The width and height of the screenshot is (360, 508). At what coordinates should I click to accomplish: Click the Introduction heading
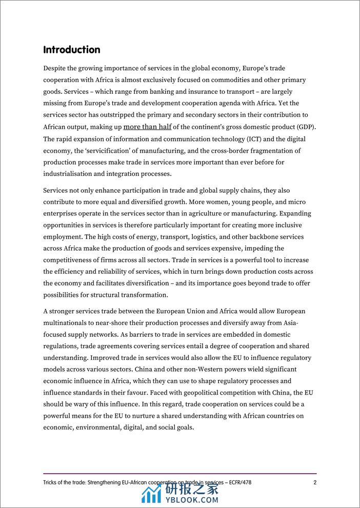point(71,50)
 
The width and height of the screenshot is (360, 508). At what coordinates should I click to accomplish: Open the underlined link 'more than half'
point(148,127)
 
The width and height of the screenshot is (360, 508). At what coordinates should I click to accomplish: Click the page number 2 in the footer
point(315,482)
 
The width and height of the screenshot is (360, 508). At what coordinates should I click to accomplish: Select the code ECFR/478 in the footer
point(236,482)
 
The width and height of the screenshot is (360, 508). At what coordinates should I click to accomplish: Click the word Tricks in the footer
point(52,482)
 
